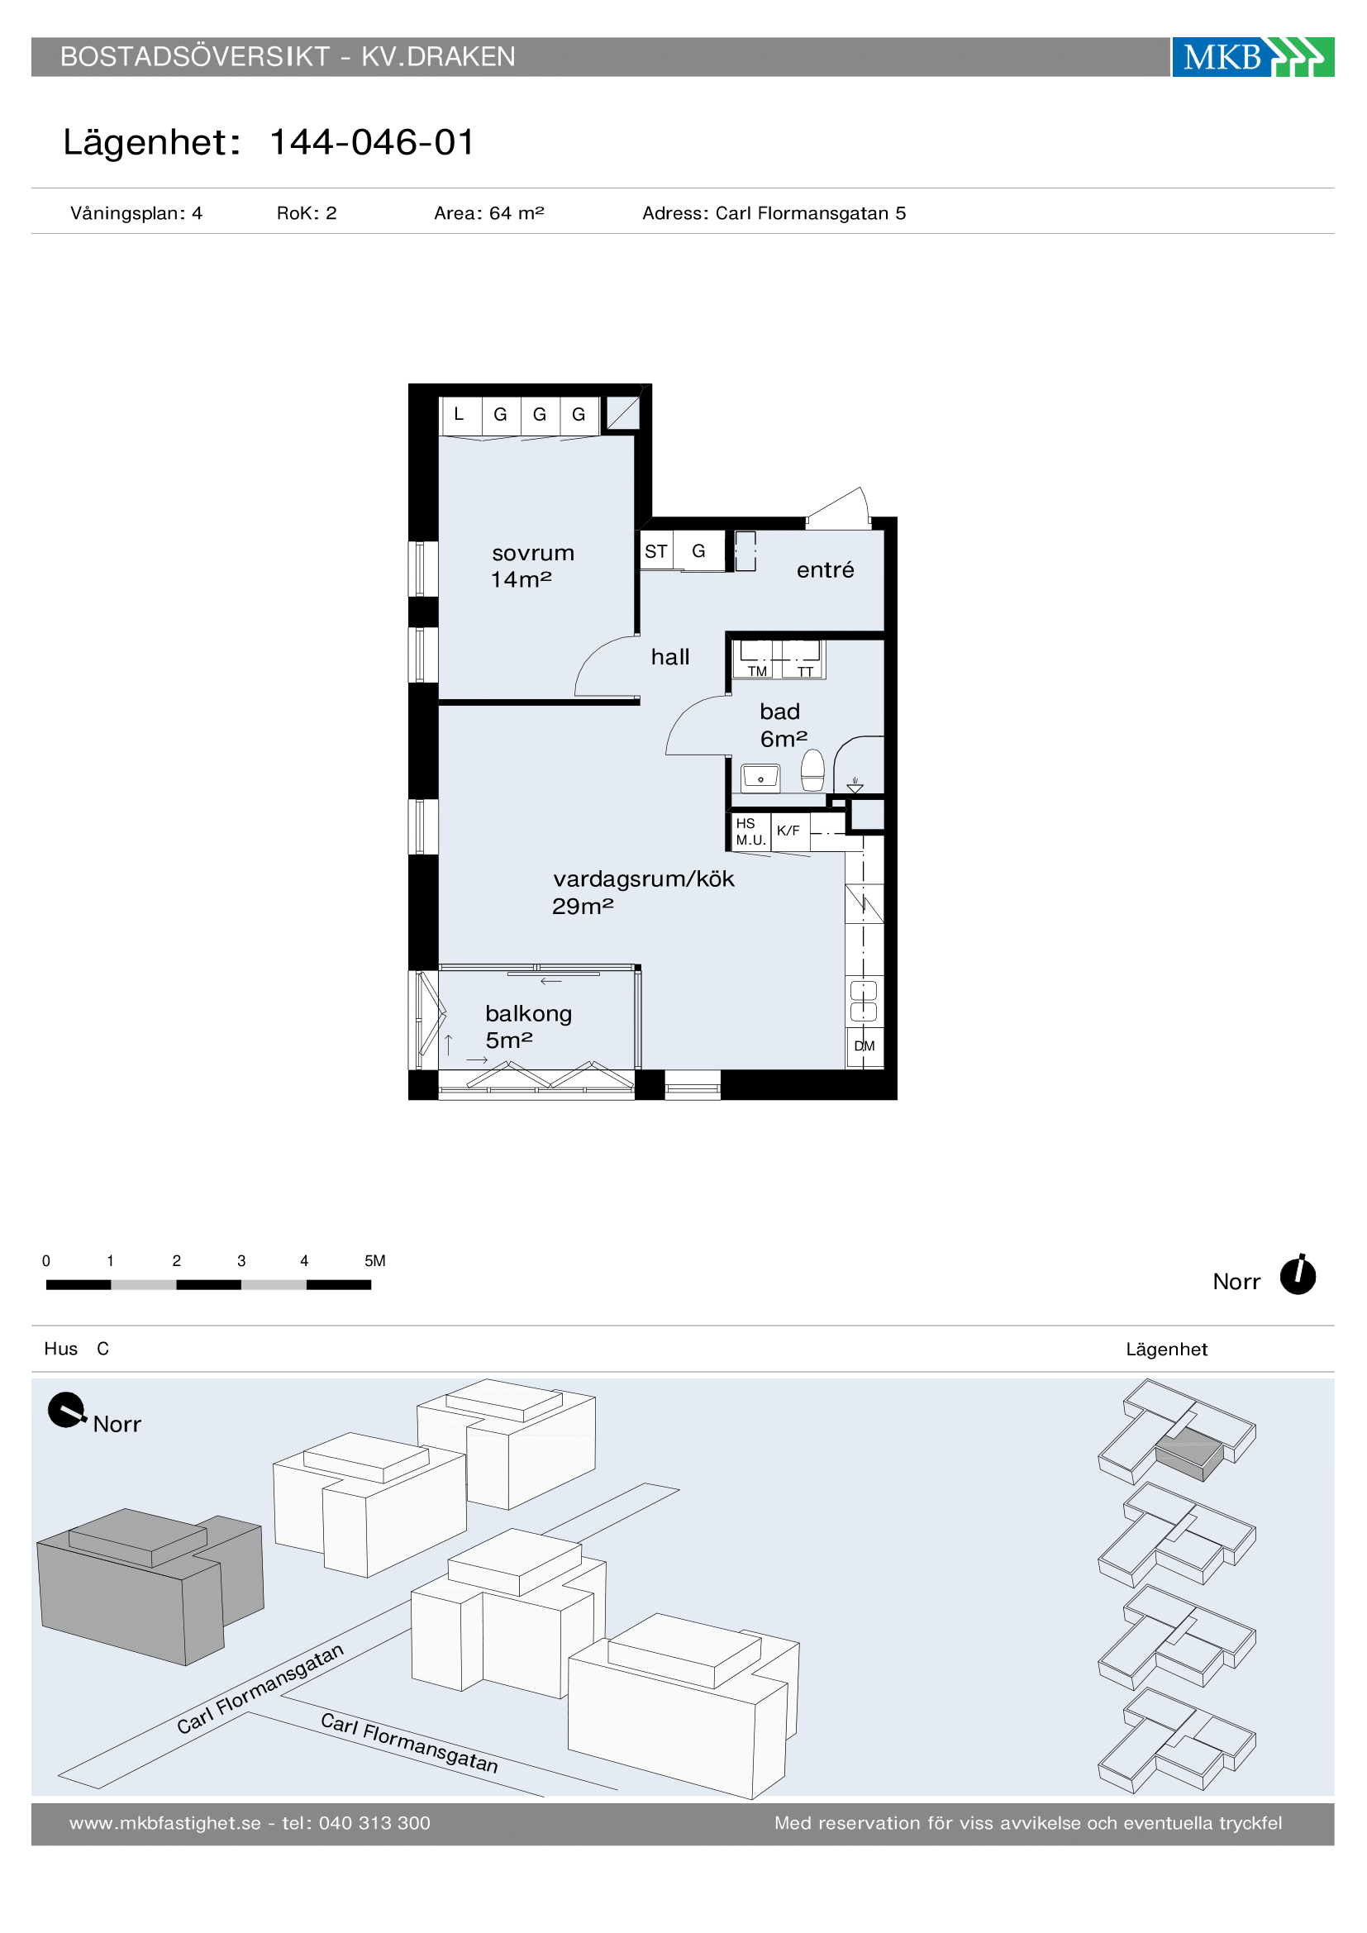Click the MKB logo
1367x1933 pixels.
click(x=1252, y=56)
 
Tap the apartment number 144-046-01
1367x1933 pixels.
click(x=372, y=142)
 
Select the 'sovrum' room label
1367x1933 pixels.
click(x=533, y=553)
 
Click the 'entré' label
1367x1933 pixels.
click(x=825, y=570)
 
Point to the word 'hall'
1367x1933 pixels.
click(x=670, y=657)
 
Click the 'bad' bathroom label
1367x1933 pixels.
click(x=779, y=712)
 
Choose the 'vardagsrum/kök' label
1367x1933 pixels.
click(x=643, y=879)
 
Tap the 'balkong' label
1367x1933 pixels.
click(x=529, y=1014)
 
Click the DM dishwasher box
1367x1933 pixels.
click(x=864, y=1046)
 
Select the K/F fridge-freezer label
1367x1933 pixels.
click(x=788, y=831)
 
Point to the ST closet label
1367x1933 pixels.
click(x=655, y=551)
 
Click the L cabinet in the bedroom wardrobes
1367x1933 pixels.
click(x=460, y=415)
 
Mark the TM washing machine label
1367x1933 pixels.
click(x=758, y=671)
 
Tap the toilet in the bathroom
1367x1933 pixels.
click(x=812, y=770)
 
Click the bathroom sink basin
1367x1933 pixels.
click(x=760, y=778)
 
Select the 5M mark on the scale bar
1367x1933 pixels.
click(x=374, y=1261)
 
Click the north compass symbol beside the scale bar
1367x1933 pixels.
click(x=1297, y=1274)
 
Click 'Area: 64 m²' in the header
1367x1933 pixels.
click(x=489, y=213)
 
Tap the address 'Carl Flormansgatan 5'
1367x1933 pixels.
click(x=811, y=213)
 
